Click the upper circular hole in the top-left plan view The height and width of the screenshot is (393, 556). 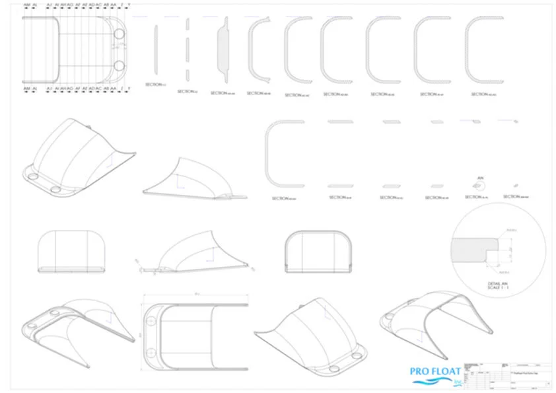coord(119,34)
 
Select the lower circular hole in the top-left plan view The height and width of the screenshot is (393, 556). coord(119,66)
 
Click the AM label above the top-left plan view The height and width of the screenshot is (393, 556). coord(26,5)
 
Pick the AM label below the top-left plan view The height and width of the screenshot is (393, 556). coord(26,87)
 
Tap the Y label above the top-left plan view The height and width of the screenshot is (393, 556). coord(129,5)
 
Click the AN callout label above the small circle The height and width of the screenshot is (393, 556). coord(480,177)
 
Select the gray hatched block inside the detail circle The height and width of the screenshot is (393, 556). coord(471,249)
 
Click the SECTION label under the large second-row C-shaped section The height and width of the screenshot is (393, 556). coord(285,197)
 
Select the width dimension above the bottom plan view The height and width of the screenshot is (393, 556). coord(196,295)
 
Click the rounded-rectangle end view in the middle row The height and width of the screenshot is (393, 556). coord(317,250)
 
